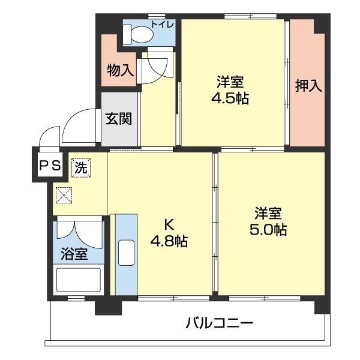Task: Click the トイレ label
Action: pyautogui.click(x=163, y=24)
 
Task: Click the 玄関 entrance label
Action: pyautogui.click(x=119, y=118)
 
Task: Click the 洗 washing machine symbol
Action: pyautogui.click(x=80, y=167)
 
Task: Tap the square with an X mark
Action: pyautogui.click(x=63, y=196)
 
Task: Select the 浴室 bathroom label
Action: pyautogui.click(x=74, y=254)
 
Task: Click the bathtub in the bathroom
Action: pyautogui.click(x=78, y=280)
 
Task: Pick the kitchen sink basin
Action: pyautogui.click(x=127, y=253)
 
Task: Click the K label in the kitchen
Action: pyautogui.click(x=169, y=225)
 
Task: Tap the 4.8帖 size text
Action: pyautogui.click(x=169, y=242)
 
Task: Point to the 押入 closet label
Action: pyautogui.click(x=308, y=85)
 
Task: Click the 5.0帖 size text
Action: pyautogui.click(x=268, y=229)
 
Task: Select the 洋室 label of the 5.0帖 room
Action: pyautogui.click(x=268, y=213)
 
